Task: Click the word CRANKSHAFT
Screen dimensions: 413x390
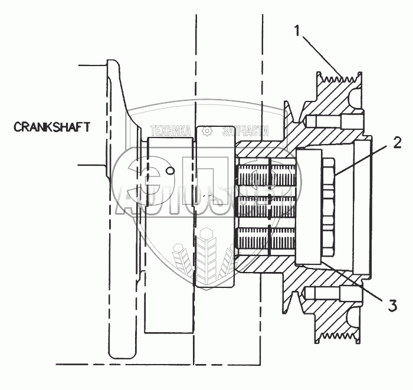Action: click(52, 126)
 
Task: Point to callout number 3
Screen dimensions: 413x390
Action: click(392, 306)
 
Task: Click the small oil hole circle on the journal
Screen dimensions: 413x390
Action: click(170, 172)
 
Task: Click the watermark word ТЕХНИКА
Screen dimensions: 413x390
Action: click(171, 132)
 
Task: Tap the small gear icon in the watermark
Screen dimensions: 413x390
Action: click(206, 132)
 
